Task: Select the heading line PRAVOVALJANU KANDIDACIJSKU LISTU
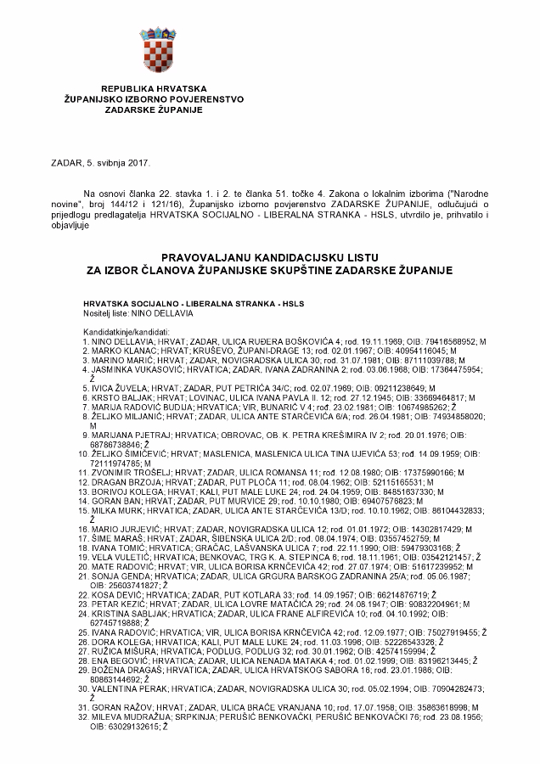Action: coord(269,256)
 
